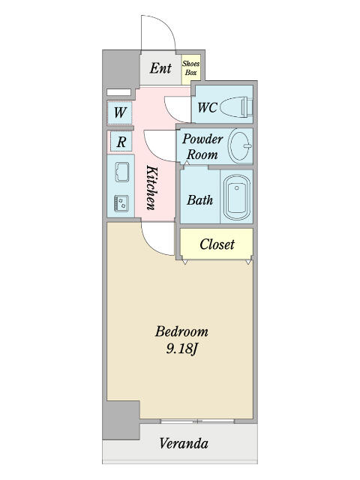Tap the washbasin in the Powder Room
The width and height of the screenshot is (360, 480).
pos(241,145)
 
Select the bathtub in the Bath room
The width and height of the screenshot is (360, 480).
pos(237,196)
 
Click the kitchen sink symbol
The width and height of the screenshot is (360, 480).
pos(121,172)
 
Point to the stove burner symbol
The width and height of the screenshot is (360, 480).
pos(121,203)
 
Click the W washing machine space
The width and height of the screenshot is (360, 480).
pos(120,112)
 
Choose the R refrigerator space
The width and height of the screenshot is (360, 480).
pos(121,142)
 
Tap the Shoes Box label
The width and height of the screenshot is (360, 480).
pos(190,68)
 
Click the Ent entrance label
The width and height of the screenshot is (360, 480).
pos(160,68)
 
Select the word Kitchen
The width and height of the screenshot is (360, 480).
pos(151,187)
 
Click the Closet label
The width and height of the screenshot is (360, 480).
pos(217,244)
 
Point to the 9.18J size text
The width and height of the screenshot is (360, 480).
pos(181,349)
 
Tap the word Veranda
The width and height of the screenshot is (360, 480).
pos(184,443)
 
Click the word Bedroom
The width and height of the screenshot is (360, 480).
pos(181,331)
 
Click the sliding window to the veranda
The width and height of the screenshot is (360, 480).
pos(197,421)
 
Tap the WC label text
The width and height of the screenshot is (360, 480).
pos(207,107)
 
